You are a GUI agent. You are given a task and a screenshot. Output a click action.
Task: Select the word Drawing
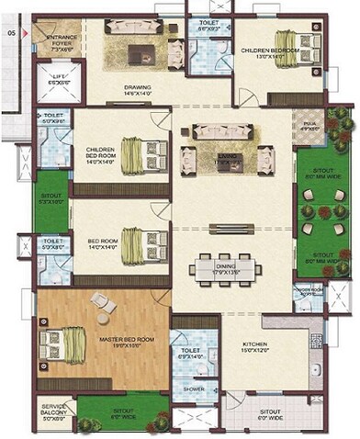(138, 88)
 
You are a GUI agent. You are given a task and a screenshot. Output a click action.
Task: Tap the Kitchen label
(254, 345)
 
